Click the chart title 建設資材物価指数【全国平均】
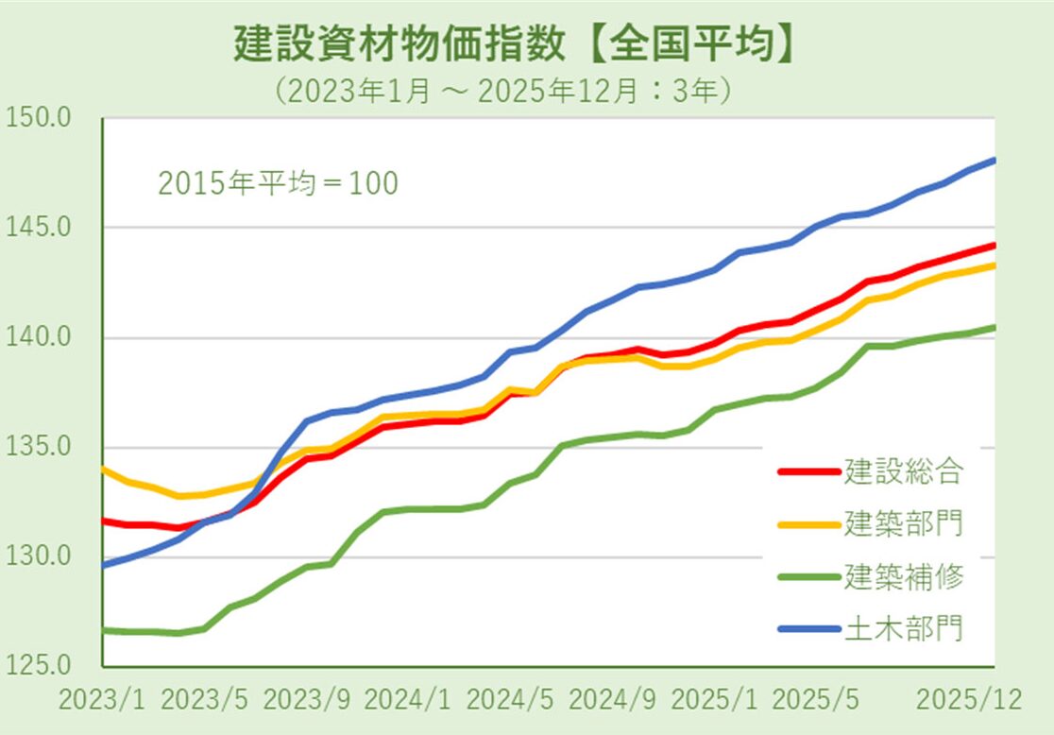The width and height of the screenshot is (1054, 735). pos(515,44)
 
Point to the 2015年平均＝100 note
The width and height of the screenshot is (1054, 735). pos(278,183)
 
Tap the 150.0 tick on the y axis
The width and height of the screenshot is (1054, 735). pos(39,119)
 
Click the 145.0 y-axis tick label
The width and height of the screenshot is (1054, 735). pos(39,229)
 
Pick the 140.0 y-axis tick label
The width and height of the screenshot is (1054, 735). pos(39,338)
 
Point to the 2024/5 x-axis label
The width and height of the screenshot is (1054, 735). pos(510,702)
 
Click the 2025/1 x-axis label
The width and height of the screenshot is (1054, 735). pos(714,702)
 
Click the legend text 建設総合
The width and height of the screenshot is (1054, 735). pos(904,470)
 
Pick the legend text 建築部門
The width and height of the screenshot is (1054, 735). pos(904,522)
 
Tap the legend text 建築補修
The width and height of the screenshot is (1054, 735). pos(904,575)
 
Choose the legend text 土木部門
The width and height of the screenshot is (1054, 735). pos(904,627)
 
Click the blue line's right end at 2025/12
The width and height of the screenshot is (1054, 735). pos(994,160)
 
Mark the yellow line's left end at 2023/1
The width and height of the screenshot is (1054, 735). pos(102,469)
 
